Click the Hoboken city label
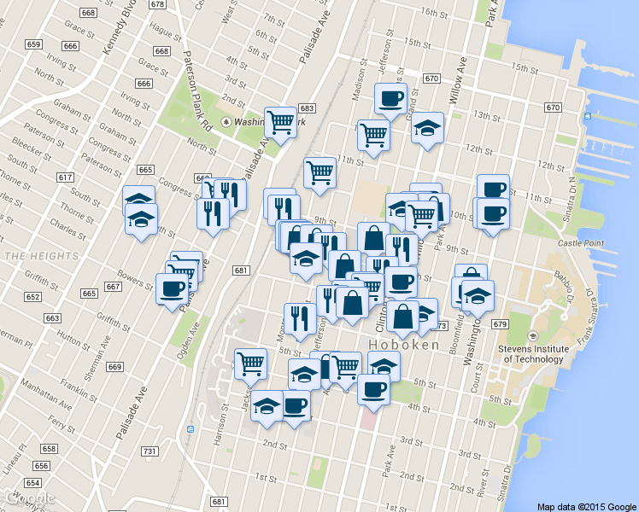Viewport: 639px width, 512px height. click(404, 346)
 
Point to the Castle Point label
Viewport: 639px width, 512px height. click(580, 244)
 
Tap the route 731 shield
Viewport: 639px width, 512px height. click(150, 451)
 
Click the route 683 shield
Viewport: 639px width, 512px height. click(308, 108)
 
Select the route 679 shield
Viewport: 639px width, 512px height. click(500, 325)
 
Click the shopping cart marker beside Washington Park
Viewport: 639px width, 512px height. click(280, 122)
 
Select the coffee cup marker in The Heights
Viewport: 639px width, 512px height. click(173, 288)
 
